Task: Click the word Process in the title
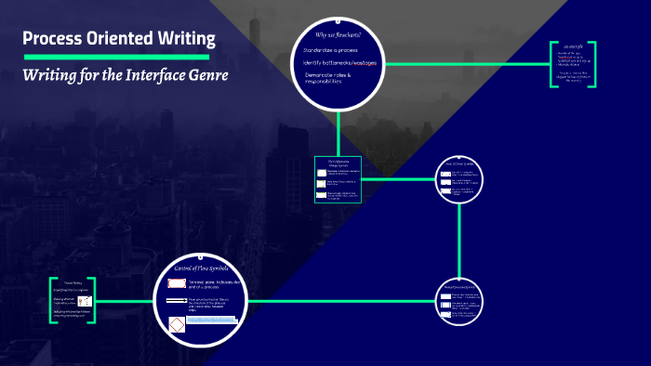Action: pos(52,39)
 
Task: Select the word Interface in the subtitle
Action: pos(140,74)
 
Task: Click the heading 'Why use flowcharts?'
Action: pos(332,34)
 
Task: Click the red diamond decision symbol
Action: pos(176,323)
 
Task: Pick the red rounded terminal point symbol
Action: pos(176,283)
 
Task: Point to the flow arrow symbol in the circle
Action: pos(176,302)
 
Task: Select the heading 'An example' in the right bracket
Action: pos(572,46)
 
